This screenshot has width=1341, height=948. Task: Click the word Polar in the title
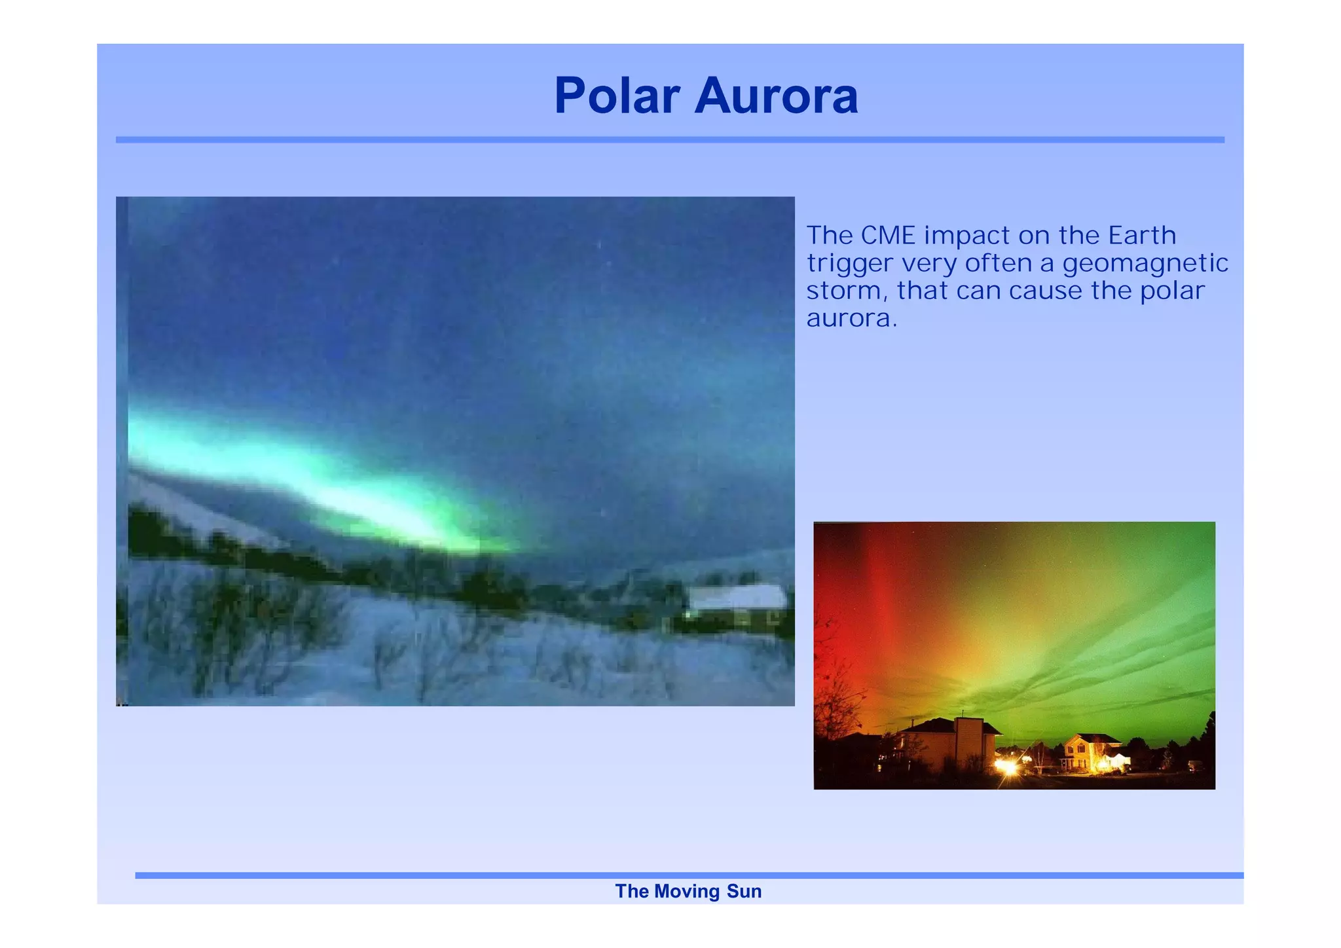617,96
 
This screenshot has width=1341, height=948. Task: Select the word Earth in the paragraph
1142,235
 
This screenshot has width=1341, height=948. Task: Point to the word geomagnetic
1145,264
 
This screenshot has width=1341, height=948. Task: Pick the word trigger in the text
849,264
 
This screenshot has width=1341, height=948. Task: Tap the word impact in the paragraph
966,236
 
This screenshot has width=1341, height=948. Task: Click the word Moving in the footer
686,891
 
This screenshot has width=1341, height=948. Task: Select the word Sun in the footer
744,891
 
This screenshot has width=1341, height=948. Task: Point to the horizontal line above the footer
688,875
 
